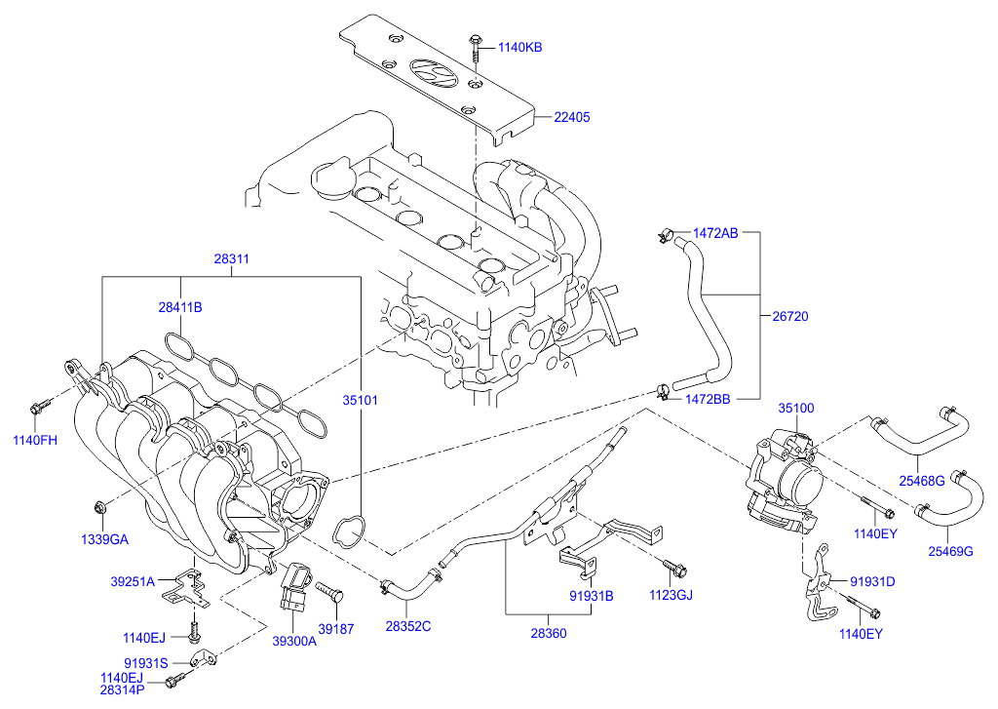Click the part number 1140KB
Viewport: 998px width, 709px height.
520,46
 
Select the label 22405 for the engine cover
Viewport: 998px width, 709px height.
572,117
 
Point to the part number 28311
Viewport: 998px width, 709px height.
232,259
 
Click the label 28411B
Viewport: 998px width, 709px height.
180,306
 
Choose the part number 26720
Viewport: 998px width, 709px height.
790,316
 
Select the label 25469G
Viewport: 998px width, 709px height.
950,552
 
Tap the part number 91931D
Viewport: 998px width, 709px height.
872,581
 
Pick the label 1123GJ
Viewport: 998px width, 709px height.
671,595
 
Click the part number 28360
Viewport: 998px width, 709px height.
548,633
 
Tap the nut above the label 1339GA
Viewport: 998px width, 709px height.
99,506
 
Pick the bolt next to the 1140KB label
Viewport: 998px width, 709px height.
474,43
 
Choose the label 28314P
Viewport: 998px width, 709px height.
122,689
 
